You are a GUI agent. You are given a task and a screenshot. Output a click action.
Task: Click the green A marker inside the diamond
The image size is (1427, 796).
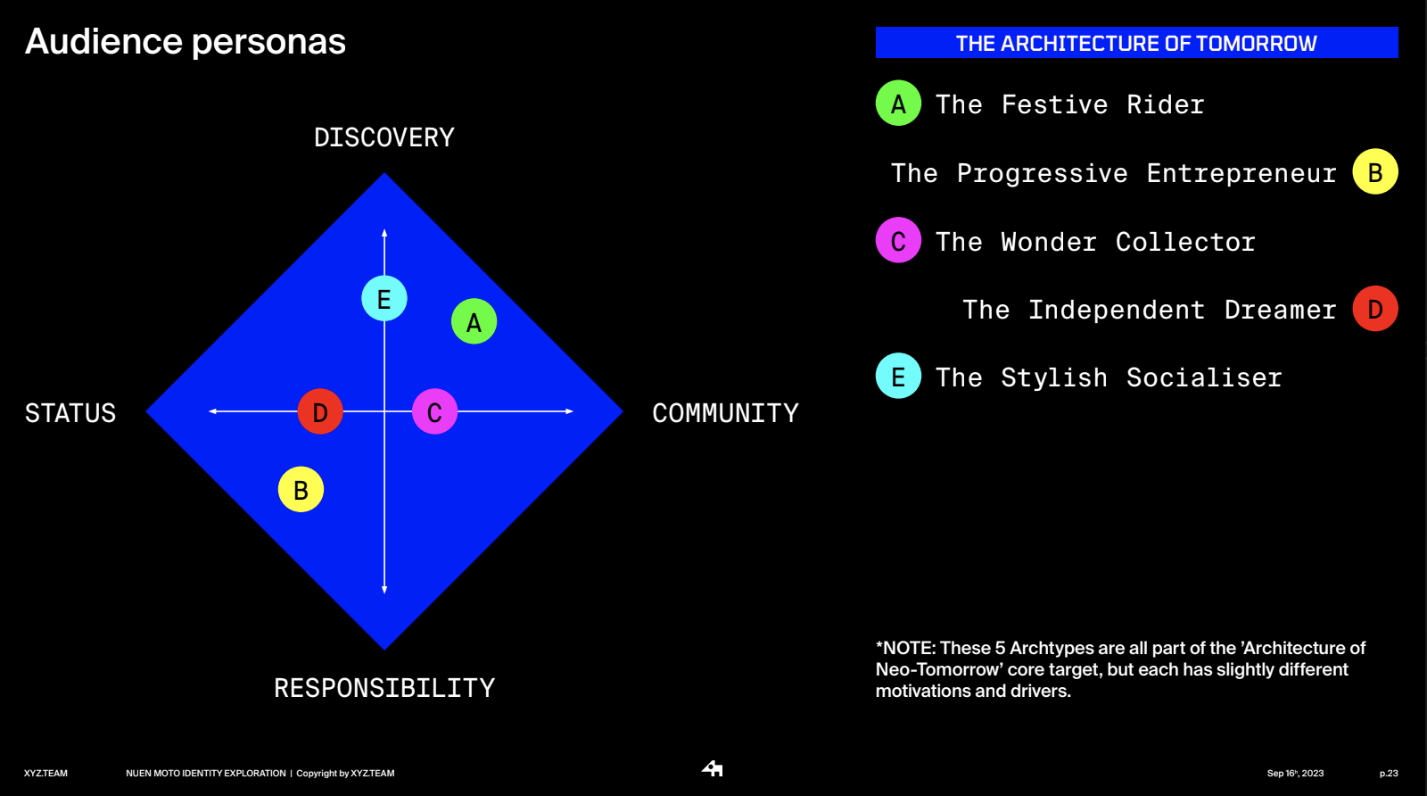(474, 321)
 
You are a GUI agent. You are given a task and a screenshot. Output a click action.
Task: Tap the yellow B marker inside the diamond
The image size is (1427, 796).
(301, 489)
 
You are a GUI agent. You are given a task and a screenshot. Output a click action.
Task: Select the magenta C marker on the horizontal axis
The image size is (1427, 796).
(434, 411)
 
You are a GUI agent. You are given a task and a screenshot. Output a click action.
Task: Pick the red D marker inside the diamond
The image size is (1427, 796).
(320, 411)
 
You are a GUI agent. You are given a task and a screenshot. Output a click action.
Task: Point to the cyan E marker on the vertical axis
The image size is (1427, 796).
(384, 298)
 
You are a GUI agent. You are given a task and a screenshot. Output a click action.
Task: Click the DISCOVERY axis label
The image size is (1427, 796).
(384, 137)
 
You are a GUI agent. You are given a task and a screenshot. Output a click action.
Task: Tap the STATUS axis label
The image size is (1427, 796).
(70, 413)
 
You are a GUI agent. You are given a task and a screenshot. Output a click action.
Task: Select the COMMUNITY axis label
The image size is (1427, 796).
(725, 413)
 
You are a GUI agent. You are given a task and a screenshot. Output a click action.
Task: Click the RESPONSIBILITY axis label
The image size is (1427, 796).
(384, 688)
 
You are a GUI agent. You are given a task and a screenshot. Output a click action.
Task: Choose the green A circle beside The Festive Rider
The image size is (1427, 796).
(898, 104)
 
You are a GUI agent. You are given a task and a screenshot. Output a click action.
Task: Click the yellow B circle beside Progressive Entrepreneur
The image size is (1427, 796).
(1374, 172)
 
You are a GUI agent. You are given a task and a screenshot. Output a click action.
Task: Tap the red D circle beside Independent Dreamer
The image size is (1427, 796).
(1374, 309)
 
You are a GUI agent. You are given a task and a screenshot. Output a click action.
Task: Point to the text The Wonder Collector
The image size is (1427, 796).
(1095, 242)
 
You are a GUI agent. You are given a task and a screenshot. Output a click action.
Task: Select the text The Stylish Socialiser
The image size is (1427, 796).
(1109, 377)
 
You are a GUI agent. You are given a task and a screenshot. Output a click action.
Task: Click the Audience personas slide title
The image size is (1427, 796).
(186, 42)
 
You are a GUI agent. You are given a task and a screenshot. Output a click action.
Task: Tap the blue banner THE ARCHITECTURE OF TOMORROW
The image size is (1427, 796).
(1136, 43)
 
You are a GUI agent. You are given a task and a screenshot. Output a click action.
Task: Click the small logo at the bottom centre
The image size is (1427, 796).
(713, 768)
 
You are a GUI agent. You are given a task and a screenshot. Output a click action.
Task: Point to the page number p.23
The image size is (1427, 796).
(1389, 774)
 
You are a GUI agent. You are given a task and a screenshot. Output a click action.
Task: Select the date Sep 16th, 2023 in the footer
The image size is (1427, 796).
(1295, 774)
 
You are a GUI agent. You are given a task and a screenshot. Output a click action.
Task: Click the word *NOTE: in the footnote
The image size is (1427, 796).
(905, 649)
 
